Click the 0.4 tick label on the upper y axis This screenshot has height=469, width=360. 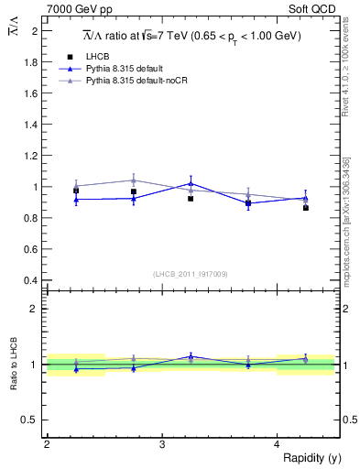click(33, 280)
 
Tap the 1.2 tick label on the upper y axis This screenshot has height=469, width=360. click(33, 156)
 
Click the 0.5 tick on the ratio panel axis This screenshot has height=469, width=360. click(33, 420)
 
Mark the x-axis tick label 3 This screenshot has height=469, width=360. click(162, 444)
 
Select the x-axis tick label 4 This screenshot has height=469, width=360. click(278, 444)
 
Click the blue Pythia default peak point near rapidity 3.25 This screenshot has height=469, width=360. click(191, 183)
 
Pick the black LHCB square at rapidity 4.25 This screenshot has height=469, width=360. click(306, 208)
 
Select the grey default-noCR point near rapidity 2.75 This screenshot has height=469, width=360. click(134, 180)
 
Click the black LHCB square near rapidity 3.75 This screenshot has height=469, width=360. click(248, 202)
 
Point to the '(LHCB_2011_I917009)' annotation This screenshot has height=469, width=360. click(191, 274)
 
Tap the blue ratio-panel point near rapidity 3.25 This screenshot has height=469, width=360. click(191, 356)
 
